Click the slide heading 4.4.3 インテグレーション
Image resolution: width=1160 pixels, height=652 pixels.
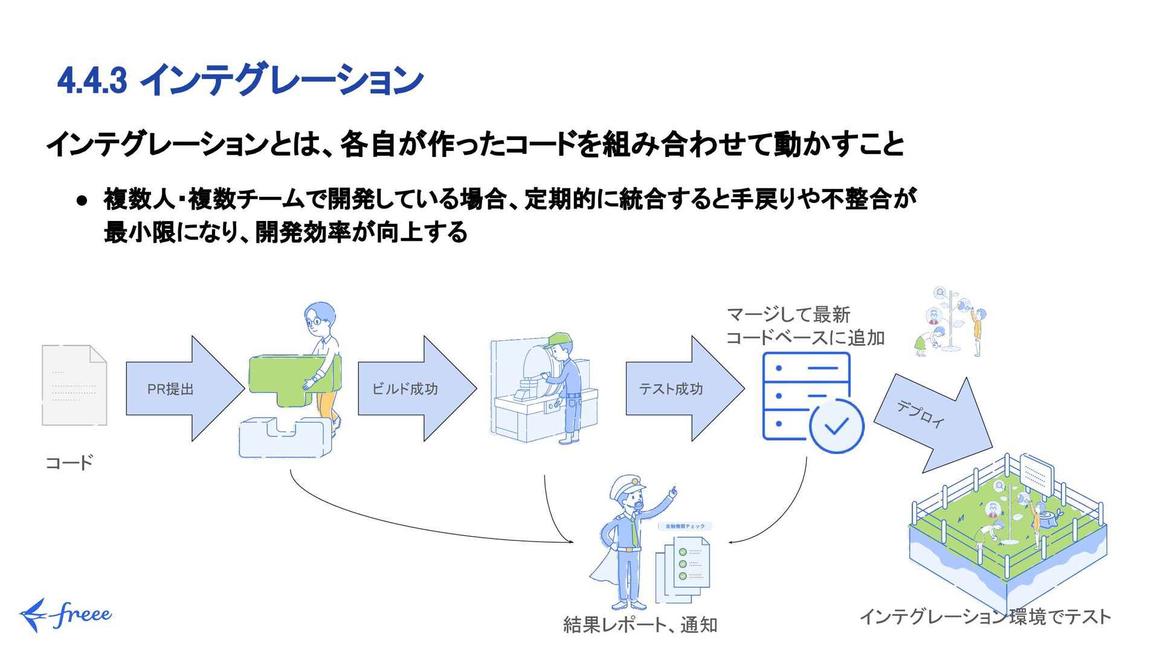pyautogui.click(x=240, y=80)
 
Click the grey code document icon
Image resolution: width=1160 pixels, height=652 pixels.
pyautogui.click(x=74, y=385)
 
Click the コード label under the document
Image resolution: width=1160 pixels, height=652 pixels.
pyautogui.click(x=69, y=463)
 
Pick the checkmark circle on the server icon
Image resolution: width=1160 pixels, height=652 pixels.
pyautogui.click(x=837, y=426)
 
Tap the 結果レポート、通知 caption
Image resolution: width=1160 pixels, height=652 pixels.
pyautogui.click(x=640, y=625)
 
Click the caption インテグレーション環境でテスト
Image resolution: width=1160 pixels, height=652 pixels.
pyautogui.click(x=985, y=616)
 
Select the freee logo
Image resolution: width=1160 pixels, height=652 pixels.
pyautogui.click(x=65, y=615)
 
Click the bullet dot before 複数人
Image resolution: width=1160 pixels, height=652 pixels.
pyautogui.click(x=83, y=200)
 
